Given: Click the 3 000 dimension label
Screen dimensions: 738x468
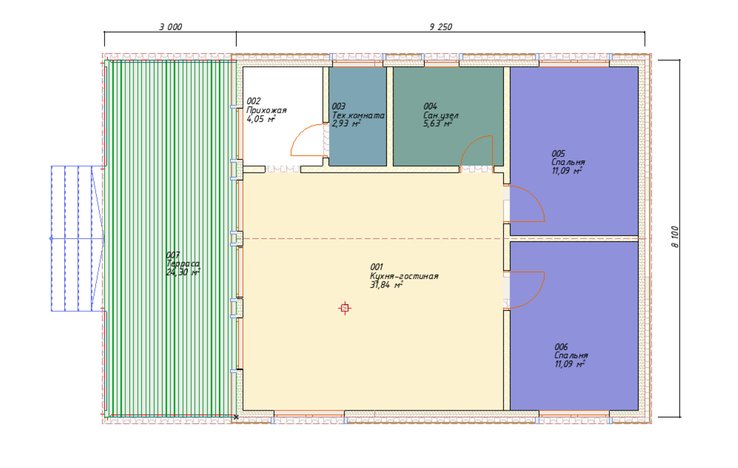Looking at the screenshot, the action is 170,27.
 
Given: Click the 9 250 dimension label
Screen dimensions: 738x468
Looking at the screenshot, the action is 440,27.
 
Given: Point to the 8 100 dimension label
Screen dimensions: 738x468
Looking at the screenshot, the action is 675,237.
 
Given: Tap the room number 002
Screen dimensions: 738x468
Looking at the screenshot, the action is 253,101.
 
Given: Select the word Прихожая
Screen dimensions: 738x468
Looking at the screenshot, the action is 266,110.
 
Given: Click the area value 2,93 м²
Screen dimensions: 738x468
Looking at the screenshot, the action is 346,123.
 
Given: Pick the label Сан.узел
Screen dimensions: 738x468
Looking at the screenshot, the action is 440,116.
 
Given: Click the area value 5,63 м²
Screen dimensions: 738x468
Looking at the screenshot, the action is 437,123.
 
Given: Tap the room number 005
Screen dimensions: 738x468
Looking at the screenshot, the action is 558,153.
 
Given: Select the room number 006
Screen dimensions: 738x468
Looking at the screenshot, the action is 561,347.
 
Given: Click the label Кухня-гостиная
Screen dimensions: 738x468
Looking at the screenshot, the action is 404,276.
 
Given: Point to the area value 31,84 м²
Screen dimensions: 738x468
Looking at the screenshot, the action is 386,285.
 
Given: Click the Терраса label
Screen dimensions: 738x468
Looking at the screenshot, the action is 183,263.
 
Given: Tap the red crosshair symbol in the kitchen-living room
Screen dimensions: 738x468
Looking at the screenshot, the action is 345,308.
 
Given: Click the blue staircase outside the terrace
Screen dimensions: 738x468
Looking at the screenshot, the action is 78,238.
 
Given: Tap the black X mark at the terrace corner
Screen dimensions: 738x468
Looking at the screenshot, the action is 236,417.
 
